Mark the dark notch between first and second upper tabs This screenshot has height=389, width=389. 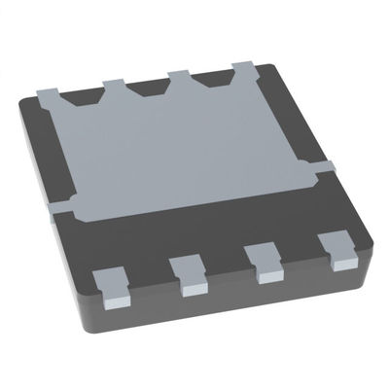pyautogui.click(x=84, y=93)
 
